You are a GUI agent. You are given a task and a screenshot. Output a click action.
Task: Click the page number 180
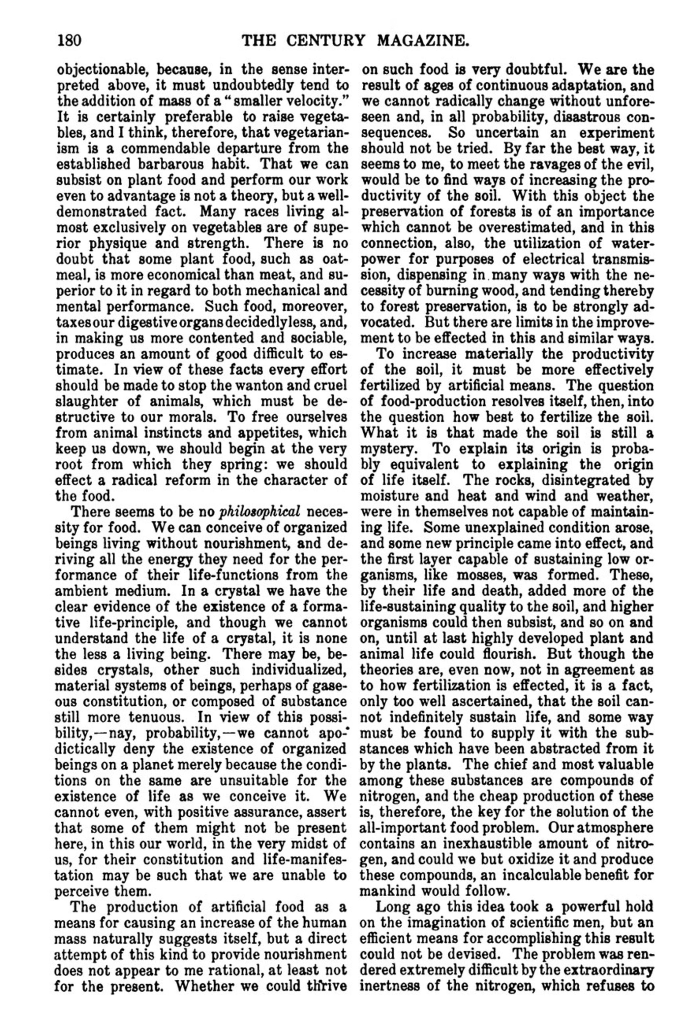69,41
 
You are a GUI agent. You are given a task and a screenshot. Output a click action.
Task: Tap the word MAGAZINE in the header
423,41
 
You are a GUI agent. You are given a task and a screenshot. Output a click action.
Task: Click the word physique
121,244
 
